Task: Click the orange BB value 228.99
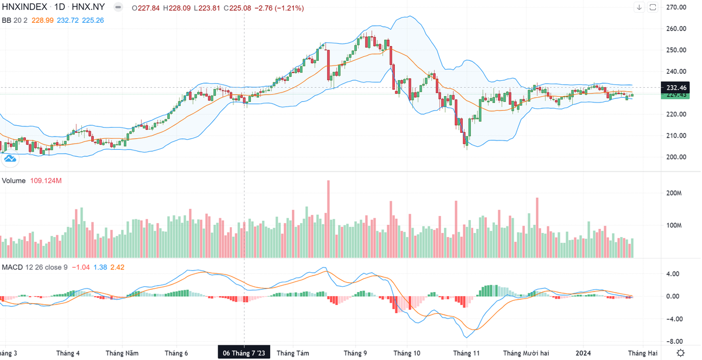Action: click(x=47, y=20)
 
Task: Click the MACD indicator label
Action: click(x=13, y=268)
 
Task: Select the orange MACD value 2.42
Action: click(x=117, y=268)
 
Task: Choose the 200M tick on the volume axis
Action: click(x=675, y=193)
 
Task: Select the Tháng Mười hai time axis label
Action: click(x=526, y=353)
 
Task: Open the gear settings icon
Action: click(x=680, y=353)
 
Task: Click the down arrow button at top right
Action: click(x=639, y=7)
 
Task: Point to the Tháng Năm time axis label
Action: click(x=122, y=353)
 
